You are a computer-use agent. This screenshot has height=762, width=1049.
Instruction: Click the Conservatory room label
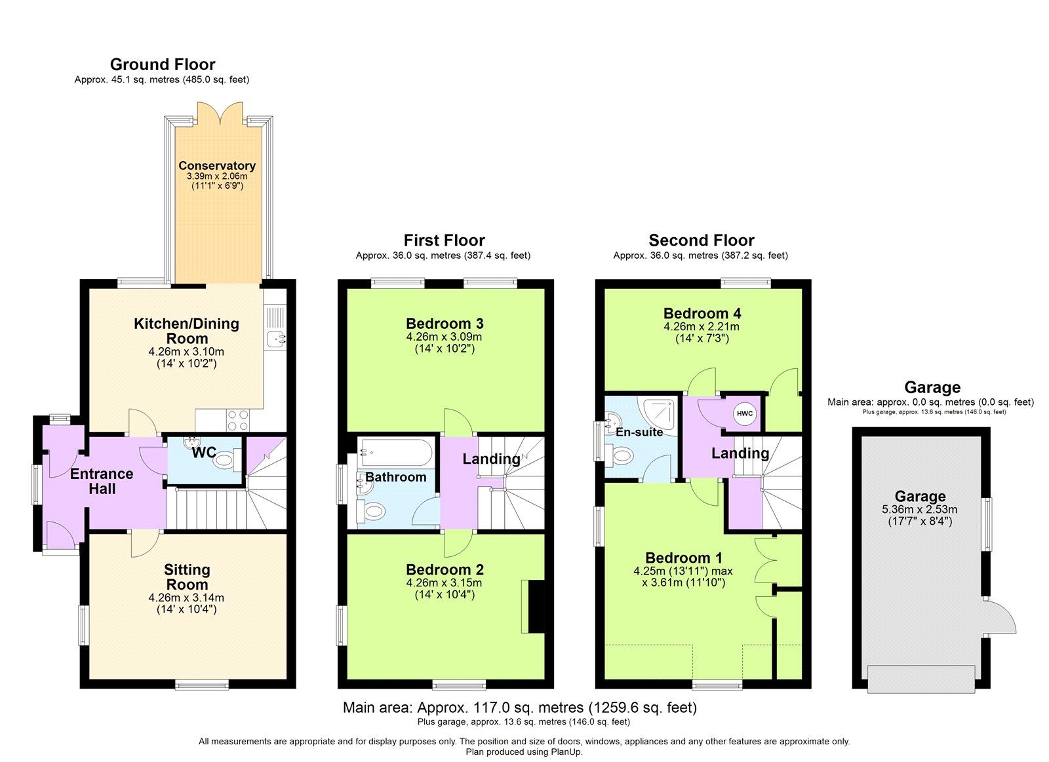click(x=217, y=166)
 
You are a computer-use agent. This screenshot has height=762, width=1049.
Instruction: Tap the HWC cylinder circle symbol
click(x=745, y=413)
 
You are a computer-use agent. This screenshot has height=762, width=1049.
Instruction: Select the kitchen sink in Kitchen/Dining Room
click(x=275, y=338)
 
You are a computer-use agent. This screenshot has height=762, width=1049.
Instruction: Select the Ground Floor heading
click(x=163, y=64)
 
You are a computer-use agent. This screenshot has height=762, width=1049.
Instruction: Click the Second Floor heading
click(x=701, y=240)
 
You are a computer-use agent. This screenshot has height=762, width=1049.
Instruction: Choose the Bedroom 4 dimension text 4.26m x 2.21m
click(x=702, y=326)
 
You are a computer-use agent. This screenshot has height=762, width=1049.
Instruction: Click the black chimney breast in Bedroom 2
click(x=536, y=606)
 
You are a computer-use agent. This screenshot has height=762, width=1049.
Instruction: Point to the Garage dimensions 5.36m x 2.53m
click(x=920, y=509)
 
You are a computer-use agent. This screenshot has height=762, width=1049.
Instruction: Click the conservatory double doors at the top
click(x=222, y=113)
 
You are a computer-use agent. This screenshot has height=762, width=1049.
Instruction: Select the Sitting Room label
click(x=187, y=577)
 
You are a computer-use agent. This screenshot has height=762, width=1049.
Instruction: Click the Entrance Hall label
click(x=102, y=481)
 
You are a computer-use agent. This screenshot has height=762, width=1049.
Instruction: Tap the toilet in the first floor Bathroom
click(x=374, y=512)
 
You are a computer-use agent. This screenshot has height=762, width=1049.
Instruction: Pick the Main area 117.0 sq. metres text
click(x=519, y=708)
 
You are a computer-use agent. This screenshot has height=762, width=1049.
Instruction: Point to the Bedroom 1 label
click(x=683, y=558)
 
